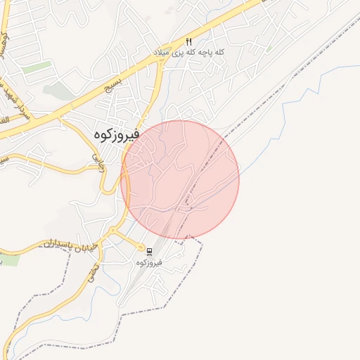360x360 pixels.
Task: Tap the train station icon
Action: pos(149,250)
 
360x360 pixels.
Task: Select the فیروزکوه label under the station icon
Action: pos(149,262)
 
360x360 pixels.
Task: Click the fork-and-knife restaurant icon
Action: pos(188,41)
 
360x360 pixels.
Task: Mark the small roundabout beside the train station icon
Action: pos(141,247)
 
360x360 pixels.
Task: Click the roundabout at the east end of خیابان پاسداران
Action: pos(112,231)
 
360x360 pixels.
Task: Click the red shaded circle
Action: pos(180,179)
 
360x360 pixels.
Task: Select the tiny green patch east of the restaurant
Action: pos(269,49)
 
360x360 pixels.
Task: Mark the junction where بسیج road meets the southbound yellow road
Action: pos(162,62)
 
